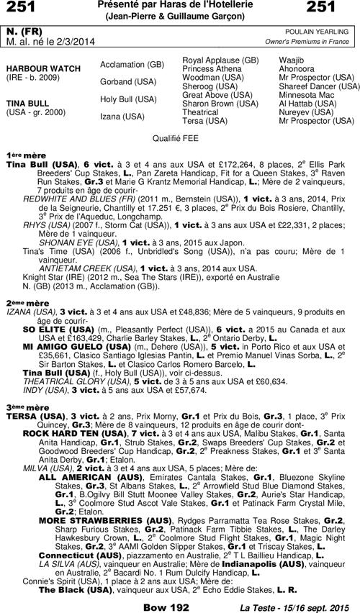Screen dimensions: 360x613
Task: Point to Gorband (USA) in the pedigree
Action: [x=127, y=81]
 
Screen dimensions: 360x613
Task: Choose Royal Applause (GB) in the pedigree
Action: [x=220, y=60]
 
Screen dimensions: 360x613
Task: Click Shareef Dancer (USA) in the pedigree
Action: [x=319, y=86]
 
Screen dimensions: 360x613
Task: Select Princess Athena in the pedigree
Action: [x=213, y=68]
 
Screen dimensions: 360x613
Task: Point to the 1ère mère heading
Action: [x=22, y=155]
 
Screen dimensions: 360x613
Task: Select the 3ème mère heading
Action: [x=22, y=407]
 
